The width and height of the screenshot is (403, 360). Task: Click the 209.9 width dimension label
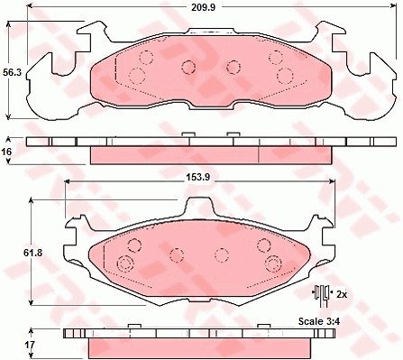point(204,7)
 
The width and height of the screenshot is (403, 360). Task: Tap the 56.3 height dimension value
point(12,72)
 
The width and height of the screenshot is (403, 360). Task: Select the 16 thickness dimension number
point(6,152)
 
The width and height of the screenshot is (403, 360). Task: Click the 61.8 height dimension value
point(33,253)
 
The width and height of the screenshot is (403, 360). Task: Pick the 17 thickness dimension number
point(30,345)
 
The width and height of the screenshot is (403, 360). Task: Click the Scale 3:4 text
point(319,321)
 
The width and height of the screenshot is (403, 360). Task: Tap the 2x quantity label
point(342,294)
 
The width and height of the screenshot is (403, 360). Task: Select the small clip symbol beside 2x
point(321,295)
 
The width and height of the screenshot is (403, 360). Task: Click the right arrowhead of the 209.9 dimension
point(394,5)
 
